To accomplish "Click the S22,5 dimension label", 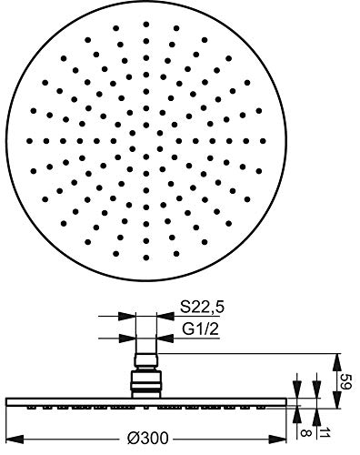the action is click(x=202, y=308).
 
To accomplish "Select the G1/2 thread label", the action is click(x=200, y=329).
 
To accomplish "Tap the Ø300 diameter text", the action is click(x=147, y=439).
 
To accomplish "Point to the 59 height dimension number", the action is click(x=345, y=381).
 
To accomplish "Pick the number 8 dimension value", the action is click(x=304, y=432).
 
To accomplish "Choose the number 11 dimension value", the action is click(x=325, y=432).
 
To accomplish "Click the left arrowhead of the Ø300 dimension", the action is click(x=15, y=439).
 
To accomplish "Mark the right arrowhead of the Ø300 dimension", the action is click(x=277, y=439).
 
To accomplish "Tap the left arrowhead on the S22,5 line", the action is click(x=126, y=317).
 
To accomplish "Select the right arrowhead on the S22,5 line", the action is click(x=165, y=317).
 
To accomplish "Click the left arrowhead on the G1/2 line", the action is click(x=127, y=338).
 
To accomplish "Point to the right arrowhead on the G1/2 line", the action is click(x=165, y=338).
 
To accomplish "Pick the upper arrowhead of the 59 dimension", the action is click(x=337, y=362).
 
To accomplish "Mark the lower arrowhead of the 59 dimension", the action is click(x=337, y=399).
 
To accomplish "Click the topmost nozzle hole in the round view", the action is click(x=146, y=25).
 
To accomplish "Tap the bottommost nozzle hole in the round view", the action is click(x=146, y=258).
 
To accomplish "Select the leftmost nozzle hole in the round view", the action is click(x=30, y=141).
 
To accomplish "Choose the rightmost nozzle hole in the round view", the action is click(x=263, y=141).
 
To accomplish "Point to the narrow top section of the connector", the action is click(x=146, y=360).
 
